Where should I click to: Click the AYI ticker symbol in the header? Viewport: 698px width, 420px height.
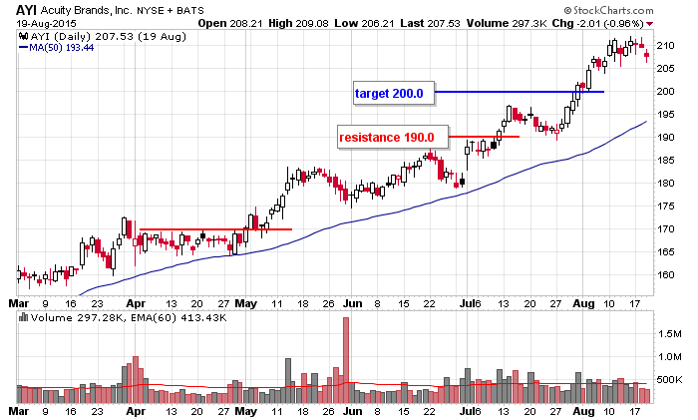click(x=28, y=10)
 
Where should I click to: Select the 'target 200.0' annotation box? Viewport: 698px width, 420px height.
click(x=390, y=94)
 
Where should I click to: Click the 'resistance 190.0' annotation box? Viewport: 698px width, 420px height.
click(x=387, y=137)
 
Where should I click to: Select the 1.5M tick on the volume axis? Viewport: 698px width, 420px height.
click(x=669, y=334)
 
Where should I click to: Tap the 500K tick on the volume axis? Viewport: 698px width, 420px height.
click(x=669, y=380)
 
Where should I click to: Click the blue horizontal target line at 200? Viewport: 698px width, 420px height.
click(x=519, y=92)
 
